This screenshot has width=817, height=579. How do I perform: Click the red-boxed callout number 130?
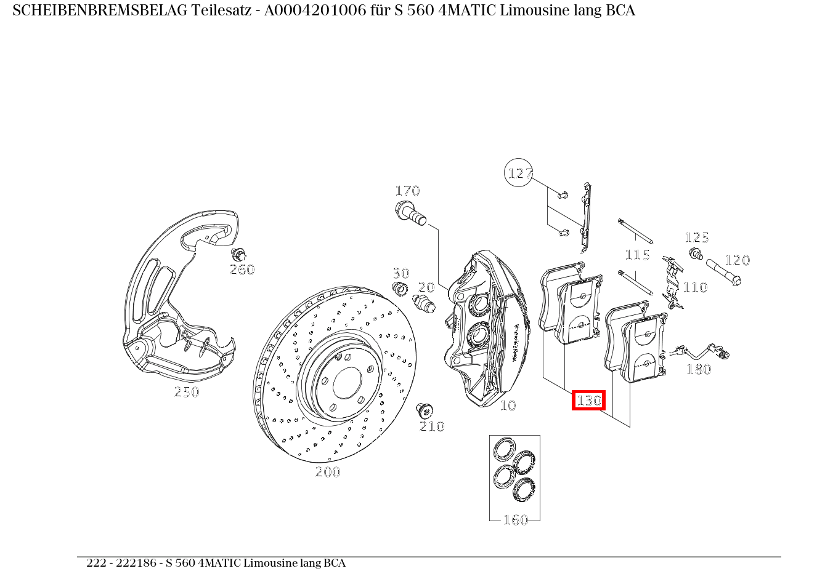(588, 401)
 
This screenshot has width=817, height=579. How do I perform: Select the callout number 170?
(407, 191)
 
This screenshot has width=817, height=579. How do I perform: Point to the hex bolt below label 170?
(410, 214)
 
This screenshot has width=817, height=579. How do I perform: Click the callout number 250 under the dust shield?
(187, 392)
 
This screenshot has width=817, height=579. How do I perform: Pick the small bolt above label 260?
(238, 254)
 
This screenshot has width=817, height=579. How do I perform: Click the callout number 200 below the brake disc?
(328, 472)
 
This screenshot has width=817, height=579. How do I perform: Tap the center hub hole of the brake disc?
(348, 382)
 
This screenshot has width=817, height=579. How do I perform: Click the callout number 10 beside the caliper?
(508, 405)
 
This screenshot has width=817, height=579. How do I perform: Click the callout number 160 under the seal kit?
(515, 520)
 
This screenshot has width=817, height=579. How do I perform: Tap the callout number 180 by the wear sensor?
(699, 369)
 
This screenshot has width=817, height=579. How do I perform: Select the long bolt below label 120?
(723, 273)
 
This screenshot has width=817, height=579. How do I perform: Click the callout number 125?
(697, 238)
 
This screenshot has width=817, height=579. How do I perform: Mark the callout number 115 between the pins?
(637, 255)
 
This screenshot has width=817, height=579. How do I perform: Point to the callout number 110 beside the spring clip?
(695, 287)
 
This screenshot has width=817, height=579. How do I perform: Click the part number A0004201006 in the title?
(315, 10)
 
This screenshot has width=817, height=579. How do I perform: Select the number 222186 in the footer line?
(136, 562)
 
